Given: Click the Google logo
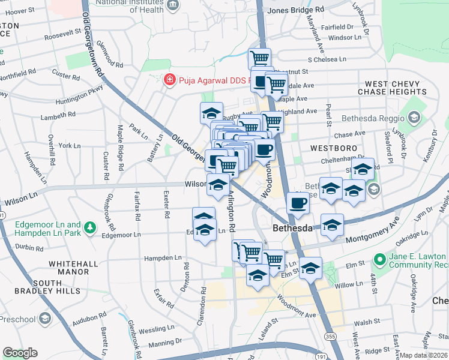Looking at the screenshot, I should coord(20,353).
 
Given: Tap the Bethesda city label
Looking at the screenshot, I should coord(292,229).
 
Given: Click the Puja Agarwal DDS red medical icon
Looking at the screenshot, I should coord(170,79).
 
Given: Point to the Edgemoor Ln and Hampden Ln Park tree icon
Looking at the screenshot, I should coord(89,227).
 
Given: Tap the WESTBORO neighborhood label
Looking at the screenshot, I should coord(334,148).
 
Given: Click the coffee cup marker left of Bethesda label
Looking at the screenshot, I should coord(298,202).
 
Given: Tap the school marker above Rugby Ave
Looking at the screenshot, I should coord(211,112).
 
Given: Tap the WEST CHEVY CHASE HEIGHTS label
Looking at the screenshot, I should coord(392,88).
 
